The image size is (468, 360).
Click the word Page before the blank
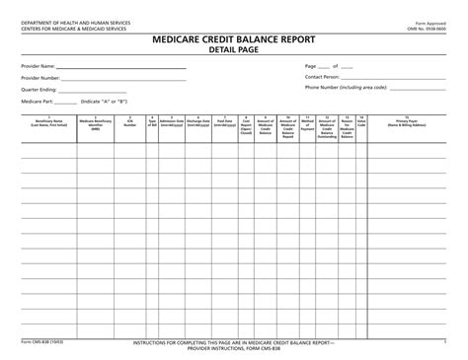pos(311,65)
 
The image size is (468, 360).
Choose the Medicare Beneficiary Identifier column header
pos(97,123)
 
